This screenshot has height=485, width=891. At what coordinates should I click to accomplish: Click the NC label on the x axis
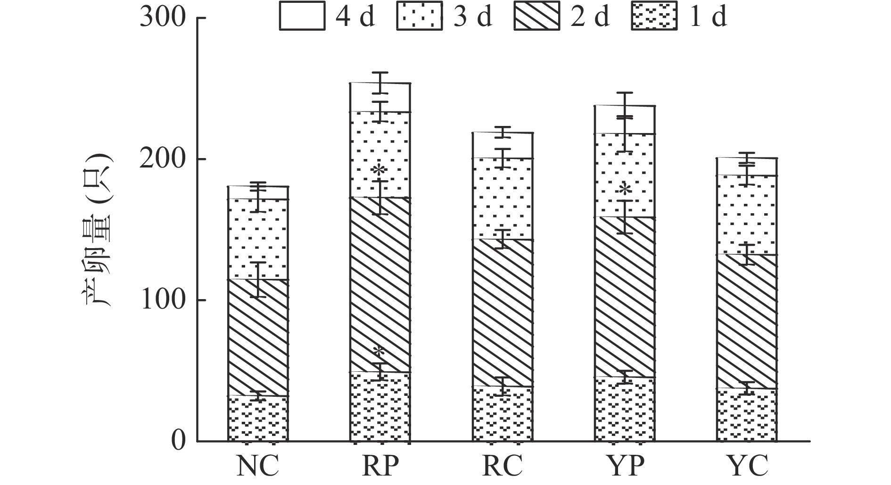click(x=257, y=466)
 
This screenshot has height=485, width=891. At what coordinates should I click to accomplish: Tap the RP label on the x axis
click(x=380, y=466)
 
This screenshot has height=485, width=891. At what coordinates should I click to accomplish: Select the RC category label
click(x=503, y=466)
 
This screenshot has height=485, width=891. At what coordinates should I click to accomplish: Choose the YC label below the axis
click(x=747, y=466)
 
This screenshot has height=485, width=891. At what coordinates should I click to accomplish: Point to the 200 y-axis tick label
click(x=163, y=159)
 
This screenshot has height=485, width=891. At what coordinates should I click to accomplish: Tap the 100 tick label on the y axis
click(x=163, y=300)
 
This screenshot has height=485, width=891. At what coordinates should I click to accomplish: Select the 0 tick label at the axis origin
click(x=178, y=441)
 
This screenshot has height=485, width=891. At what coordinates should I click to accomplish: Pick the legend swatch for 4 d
click(x=302, y=17)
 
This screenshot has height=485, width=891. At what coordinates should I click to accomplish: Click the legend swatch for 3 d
click(x=420, y=17)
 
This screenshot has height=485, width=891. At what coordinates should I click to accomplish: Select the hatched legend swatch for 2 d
click(x=537, y=17)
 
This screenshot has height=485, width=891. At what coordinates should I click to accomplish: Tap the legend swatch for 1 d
click(x=654, y=17)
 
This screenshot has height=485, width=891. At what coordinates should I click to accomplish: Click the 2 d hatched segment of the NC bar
click(x=258, y=337)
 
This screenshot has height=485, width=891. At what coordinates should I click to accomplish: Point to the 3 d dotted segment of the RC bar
click(x=503, y=199)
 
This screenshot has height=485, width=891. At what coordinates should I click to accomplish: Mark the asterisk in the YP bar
click(x=624, y=190)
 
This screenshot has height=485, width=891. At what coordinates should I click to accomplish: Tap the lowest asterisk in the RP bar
click(x=379, y=352)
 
